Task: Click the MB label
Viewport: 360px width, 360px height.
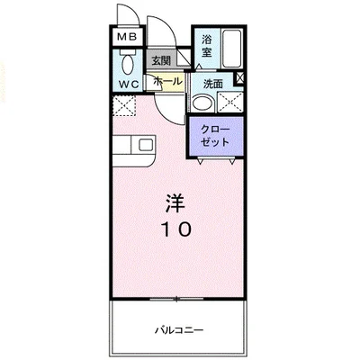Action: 127,37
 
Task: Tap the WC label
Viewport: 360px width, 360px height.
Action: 130,84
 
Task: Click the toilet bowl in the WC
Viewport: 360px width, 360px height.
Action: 128,64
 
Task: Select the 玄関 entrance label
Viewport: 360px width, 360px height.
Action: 161,61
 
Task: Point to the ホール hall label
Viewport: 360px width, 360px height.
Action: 167,81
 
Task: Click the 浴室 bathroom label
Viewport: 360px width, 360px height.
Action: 207,46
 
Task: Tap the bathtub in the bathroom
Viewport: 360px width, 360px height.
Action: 231,48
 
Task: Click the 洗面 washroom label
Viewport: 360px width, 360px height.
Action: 213,84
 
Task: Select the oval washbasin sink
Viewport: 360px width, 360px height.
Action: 203,103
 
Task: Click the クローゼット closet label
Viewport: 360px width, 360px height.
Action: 215,136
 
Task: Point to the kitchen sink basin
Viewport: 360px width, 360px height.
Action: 147,145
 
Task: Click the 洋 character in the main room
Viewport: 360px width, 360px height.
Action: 175,203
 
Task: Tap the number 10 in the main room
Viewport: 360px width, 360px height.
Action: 176,230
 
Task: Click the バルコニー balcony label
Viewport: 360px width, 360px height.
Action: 179,330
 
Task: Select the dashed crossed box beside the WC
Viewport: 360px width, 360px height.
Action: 124,105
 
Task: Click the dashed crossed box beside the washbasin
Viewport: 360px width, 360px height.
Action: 230,103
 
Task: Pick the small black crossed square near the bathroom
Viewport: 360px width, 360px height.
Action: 239,78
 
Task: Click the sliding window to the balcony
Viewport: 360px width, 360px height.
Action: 177,299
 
